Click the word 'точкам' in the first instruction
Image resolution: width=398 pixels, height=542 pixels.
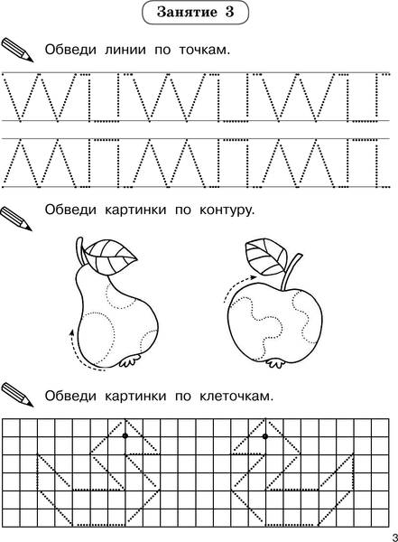point(198,49)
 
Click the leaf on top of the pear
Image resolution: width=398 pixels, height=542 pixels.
point(113,253)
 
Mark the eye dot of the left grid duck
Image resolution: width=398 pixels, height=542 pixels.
point(125,435)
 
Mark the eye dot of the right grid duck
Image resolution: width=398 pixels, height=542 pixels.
point(265,435)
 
